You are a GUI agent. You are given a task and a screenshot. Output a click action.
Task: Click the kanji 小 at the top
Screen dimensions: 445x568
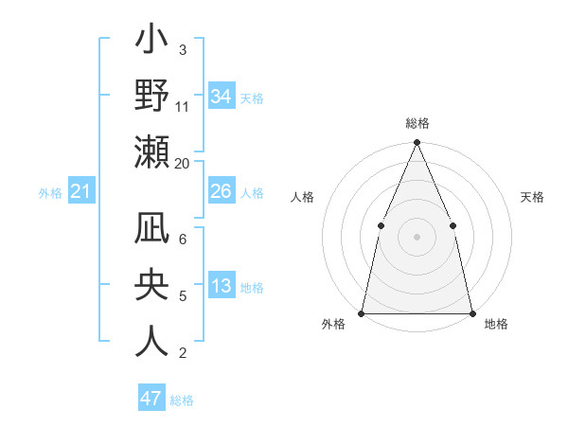click(152, 43)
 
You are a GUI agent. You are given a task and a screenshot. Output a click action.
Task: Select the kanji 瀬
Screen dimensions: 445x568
click(152, 154)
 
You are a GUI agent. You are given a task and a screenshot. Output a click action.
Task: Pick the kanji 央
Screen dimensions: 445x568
click(152, 287)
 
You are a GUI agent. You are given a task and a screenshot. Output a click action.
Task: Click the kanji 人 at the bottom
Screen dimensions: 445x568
click(152, 341)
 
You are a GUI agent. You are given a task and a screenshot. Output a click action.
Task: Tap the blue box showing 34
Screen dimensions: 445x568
click(221, 97)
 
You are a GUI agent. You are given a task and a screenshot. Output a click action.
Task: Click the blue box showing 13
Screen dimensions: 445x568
click(221, 287)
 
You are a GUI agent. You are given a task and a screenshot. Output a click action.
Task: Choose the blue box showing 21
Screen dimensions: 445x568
click(81, 192)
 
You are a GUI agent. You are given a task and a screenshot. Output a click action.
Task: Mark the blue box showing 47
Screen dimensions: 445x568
click(151, 399)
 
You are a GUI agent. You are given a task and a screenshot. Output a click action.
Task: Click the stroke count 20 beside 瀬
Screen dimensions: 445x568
click(182, 163)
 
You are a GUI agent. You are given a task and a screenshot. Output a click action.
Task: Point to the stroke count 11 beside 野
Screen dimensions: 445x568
click(182, 107)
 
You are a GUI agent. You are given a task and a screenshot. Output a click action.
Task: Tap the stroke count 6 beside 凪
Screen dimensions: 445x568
click(182, 240)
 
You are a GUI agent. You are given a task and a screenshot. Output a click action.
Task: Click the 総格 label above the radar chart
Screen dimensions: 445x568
click(417, 124)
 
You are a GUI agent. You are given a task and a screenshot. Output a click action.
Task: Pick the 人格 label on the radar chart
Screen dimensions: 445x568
click(302, 197)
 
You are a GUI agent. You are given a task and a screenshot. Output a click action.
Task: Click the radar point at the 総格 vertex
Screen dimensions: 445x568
click(417, 143)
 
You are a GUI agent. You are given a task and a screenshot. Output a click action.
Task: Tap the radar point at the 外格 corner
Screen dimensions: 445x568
click(362, 312)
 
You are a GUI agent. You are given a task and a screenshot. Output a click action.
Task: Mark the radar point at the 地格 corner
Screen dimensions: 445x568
click(471, 312)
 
